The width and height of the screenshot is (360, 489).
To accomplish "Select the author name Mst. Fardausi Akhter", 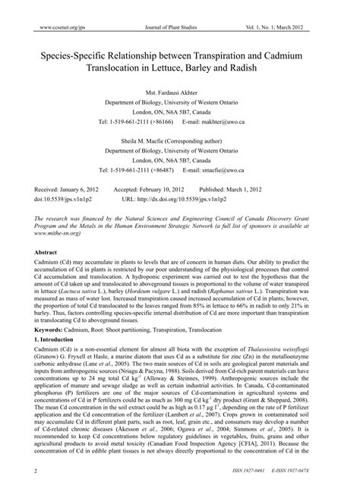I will [179, 91].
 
